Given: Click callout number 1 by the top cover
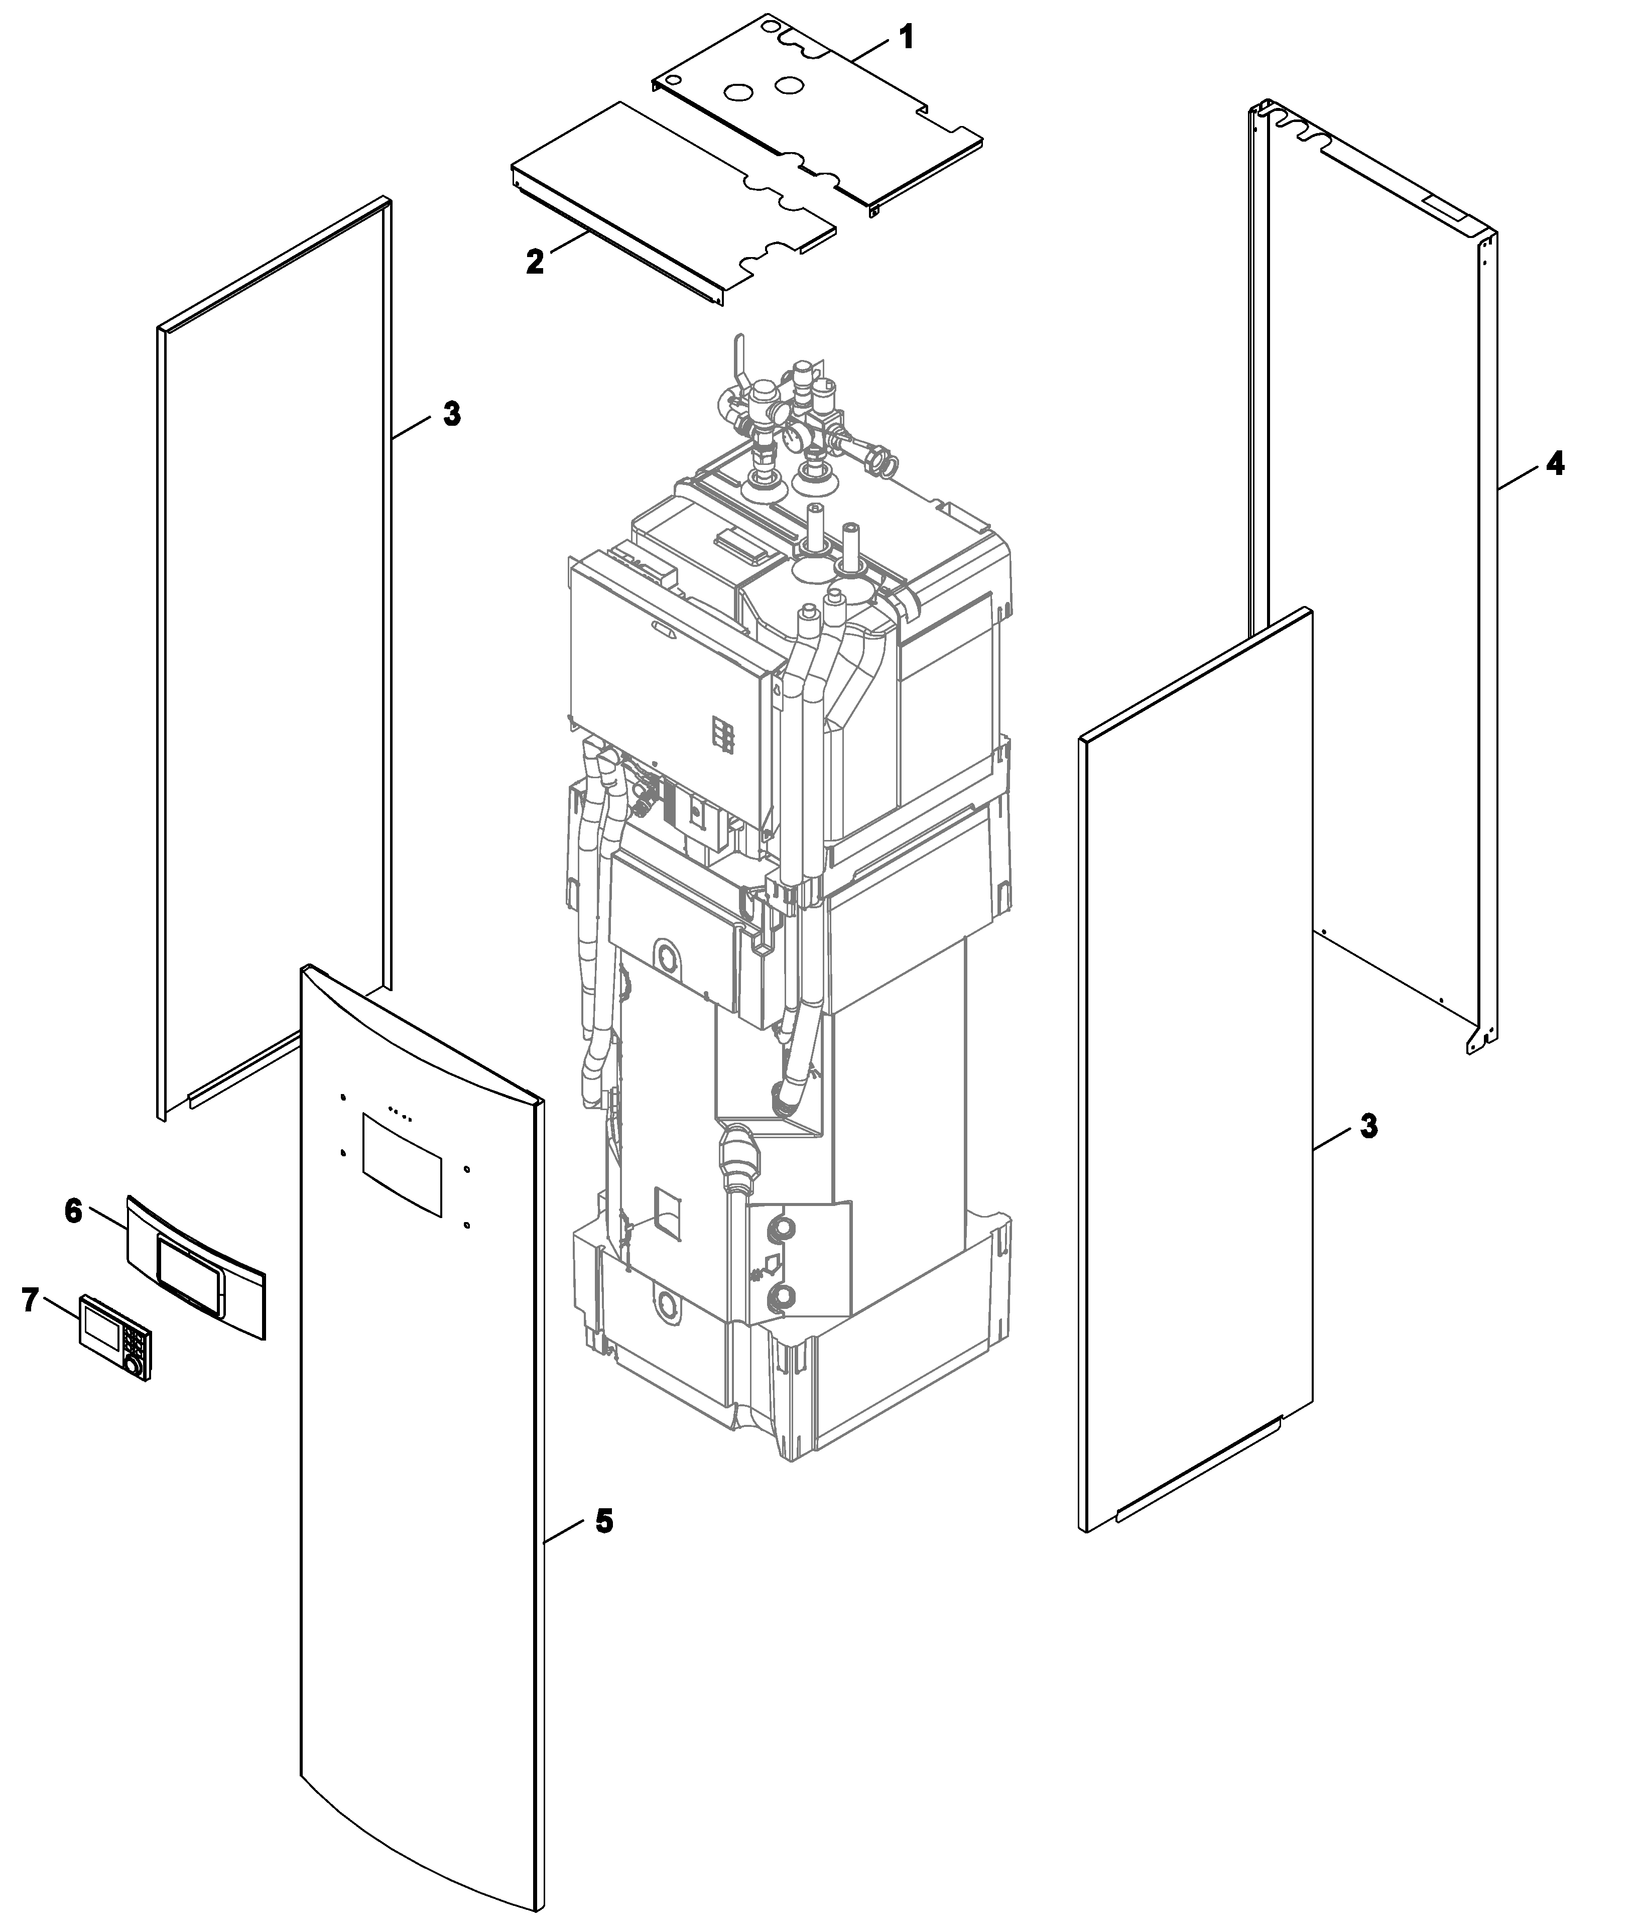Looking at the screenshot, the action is [906, 38].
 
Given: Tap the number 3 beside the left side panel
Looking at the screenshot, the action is [452, 414].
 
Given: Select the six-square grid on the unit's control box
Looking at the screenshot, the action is [723, 734].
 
